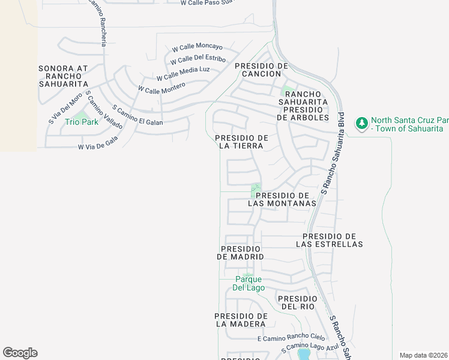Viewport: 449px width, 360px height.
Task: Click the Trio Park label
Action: click(81, 122)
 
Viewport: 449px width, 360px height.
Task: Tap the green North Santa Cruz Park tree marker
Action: click(361, 124)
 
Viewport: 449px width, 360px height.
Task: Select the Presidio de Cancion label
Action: click(262, 70)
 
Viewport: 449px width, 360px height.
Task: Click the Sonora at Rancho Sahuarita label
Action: click(63, 76)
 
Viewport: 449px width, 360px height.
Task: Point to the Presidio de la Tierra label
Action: click(241, 142)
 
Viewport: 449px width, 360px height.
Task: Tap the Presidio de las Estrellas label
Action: click(330, 240)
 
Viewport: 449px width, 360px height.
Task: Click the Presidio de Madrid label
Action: click(241, 253)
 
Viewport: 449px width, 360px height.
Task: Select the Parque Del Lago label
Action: click(248, 283)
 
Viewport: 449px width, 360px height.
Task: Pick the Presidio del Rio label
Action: click(297, 302)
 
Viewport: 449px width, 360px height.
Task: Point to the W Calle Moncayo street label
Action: click(197, 47)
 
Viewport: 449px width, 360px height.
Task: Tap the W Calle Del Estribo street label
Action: click(197, 60)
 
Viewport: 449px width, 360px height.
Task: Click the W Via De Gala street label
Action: click(98, 143)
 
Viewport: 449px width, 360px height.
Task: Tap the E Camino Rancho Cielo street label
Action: click(291, 338)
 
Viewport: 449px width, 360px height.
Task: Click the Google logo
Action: click(20, 353)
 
